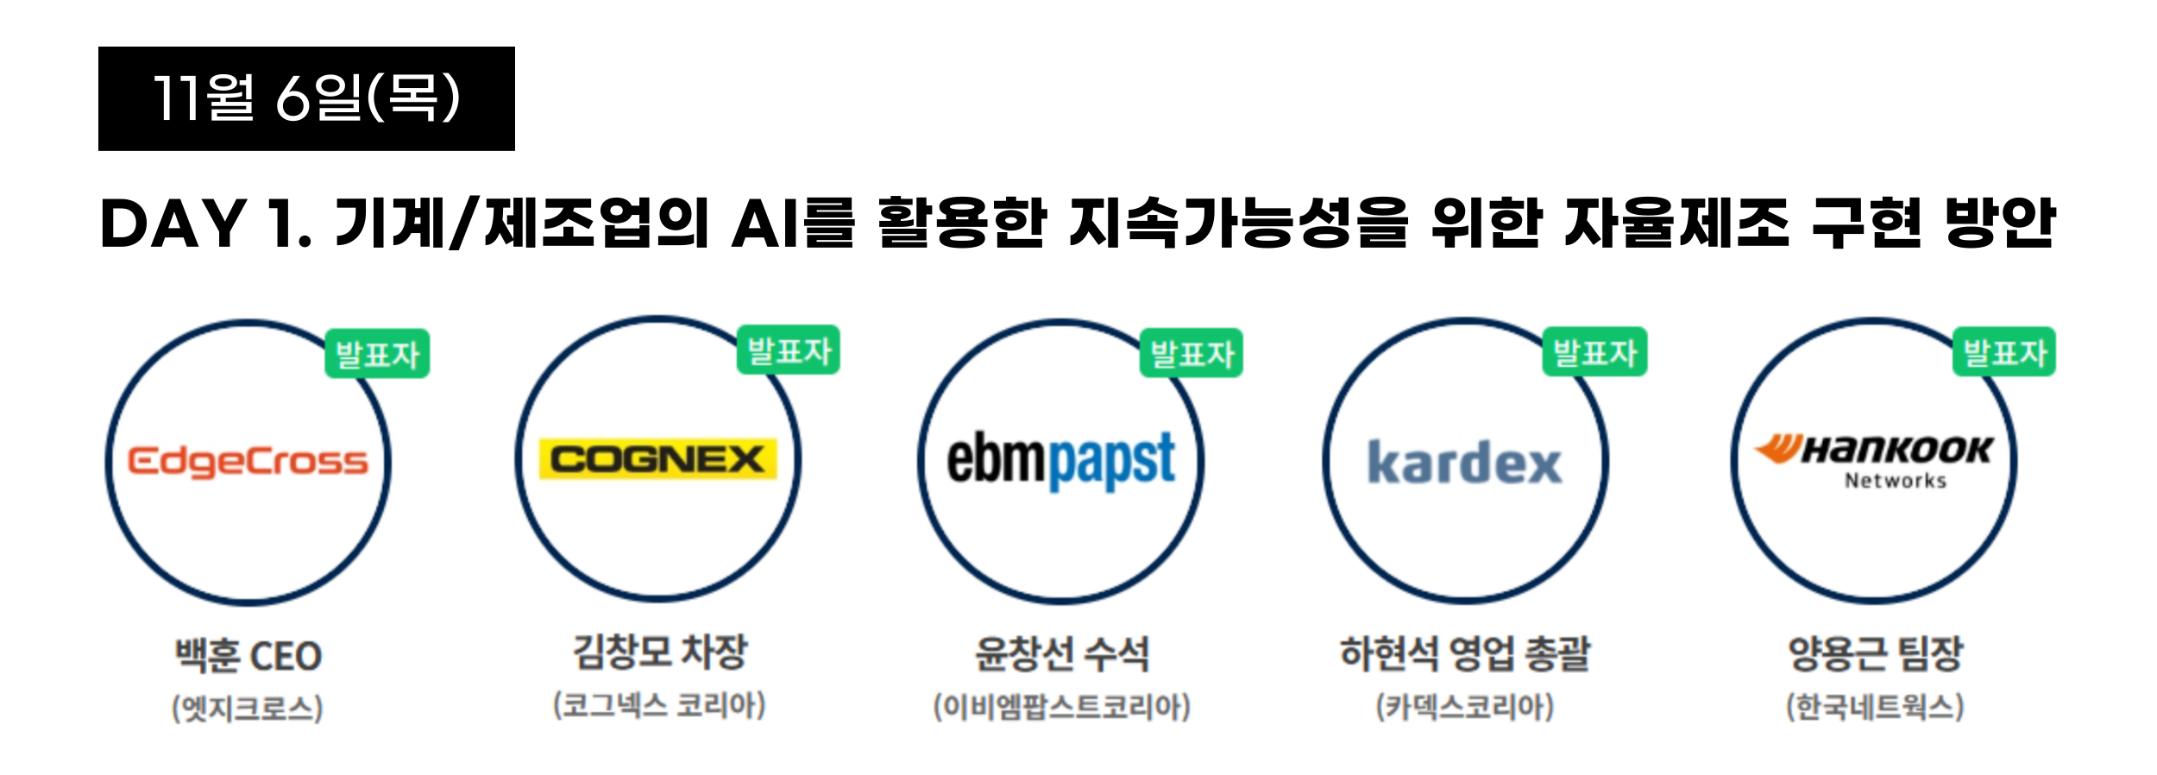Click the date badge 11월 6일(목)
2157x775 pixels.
306,98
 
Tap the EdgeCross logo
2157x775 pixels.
248,462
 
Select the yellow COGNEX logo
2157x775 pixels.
657,459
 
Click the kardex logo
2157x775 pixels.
1464,463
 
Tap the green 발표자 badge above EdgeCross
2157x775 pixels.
377,354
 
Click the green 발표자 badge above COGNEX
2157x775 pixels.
789,350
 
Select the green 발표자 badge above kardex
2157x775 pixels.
1594,352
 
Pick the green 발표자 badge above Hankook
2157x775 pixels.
2004,352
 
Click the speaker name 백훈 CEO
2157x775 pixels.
248,656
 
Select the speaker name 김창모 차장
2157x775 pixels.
660,652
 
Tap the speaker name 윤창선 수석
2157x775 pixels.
1061,654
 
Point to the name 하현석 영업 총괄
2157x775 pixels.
1464,653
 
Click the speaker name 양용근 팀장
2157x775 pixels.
1875,653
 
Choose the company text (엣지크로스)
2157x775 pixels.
248,709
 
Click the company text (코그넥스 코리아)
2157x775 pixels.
659,705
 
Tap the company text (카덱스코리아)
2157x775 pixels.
1464,707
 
